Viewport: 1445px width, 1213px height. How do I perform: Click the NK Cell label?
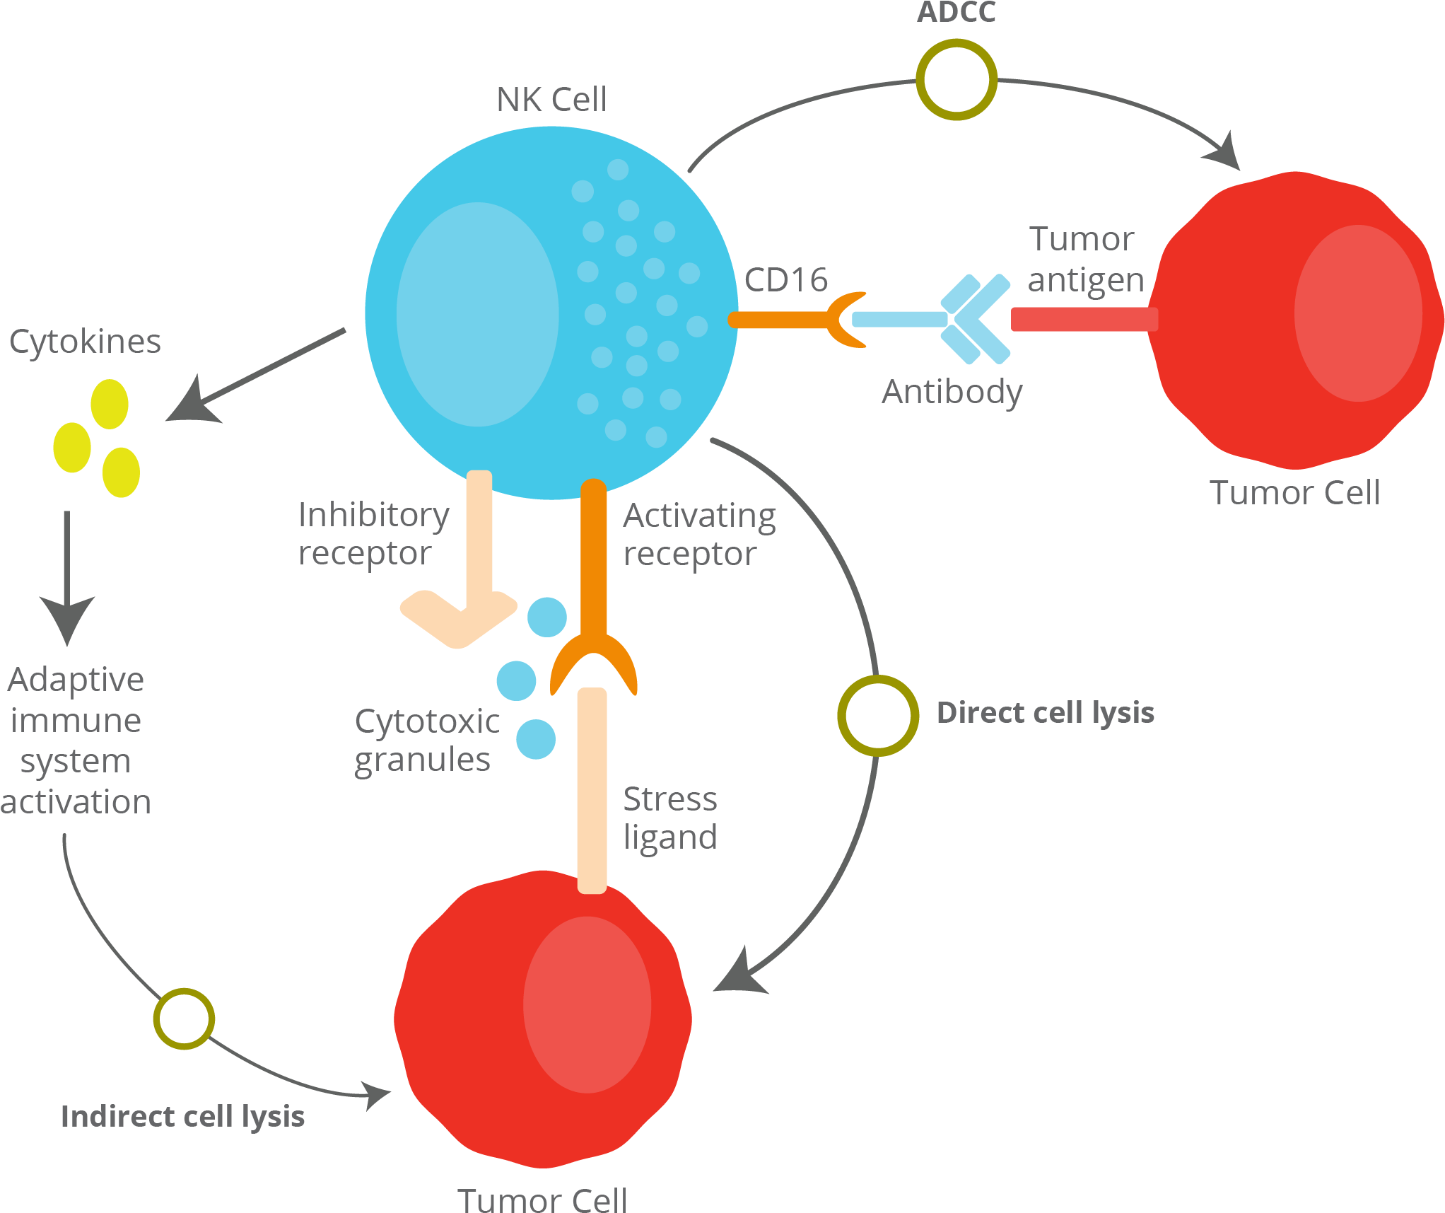tap(551, 100)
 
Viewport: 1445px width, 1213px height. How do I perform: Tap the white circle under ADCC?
tap(956, 80)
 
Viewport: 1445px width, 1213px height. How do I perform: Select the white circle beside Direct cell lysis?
tap(878, 715)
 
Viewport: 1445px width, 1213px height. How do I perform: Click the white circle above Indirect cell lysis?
tap(184, 1018)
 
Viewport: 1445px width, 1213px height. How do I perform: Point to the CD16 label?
tap(785, 280)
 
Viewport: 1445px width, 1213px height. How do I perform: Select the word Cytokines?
tap(85, 342)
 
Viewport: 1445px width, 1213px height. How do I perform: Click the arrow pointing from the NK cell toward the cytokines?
tap(255, 375)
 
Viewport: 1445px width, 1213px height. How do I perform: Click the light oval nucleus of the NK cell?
tap(478, 315)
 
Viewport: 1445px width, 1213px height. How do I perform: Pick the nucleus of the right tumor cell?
tap(1358, 313)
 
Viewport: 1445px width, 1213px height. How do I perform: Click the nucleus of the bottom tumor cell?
tap(587, 1004)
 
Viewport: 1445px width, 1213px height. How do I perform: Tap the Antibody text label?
tap(952, 392)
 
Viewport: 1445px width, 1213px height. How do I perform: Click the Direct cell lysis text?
tap(1045, 713)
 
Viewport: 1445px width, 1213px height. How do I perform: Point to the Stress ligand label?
tap(669, 818)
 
